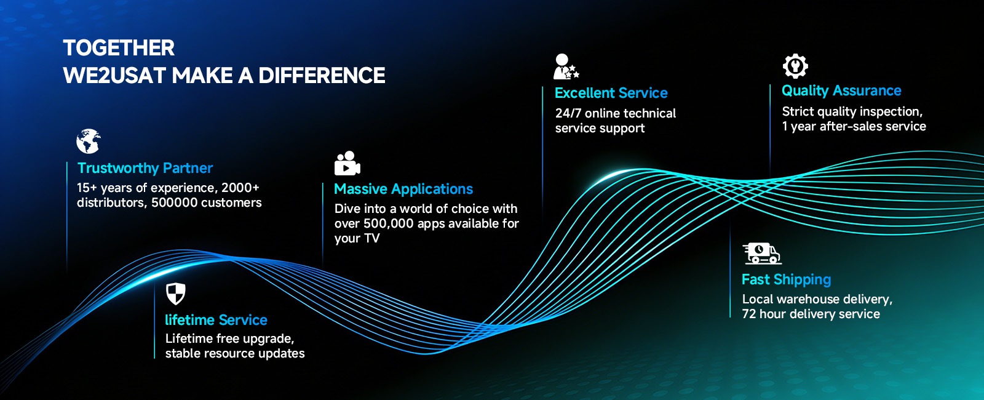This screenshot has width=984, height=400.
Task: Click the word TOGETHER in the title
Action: click(x=119, y=48)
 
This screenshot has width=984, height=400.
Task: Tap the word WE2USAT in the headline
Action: click(x=114, y=76)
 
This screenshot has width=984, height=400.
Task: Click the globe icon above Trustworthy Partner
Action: click(x=89, y=141)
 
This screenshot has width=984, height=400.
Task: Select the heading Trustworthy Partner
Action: click(x=145, y=168)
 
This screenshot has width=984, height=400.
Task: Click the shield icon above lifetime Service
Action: click(x=176, y=294)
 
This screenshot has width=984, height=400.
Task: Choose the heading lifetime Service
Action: click(x=216, y=320)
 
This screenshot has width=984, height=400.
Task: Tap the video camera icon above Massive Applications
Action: click(x=347, y=164)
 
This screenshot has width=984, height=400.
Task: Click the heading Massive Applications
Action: click(x=403, y=189)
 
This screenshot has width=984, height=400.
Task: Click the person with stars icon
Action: click(x=566, y=67)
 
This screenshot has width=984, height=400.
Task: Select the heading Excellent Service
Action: click(x=611, y=93)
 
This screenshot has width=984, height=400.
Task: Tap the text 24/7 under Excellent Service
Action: click(x=568, y=113)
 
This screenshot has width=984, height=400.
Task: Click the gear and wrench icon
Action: click(x=795, y=66)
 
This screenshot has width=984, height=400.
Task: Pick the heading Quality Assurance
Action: click(x=841, y=90)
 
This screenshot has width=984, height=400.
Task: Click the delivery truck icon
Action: click(x=762, y=254)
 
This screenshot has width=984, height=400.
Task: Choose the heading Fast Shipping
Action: click(x=787, y=279)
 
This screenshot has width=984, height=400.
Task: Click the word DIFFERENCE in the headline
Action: click(x=322, y=76)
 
